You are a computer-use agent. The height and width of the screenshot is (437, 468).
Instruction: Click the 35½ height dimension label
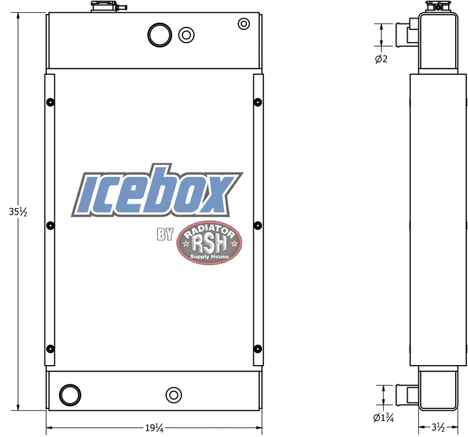click(x=18, y=212)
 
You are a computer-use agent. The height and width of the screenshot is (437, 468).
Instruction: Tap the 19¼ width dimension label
click(x=154, y=428)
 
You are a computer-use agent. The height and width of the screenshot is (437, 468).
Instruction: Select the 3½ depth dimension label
click(x=438, y=428)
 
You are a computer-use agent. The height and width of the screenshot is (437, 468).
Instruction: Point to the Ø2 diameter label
click(x=381, y=59)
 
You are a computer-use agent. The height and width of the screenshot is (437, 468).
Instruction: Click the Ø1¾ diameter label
click(x=384, y=418)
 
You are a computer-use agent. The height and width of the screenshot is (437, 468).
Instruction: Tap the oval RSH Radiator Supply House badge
click(x=209, y=243)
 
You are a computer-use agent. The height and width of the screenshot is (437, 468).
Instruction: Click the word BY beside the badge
click(x=165, y=235)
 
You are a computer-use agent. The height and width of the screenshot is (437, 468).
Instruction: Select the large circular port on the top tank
click(x=160, y=35)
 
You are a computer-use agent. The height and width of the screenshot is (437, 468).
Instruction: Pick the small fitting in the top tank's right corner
click(x=244, y=23)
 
